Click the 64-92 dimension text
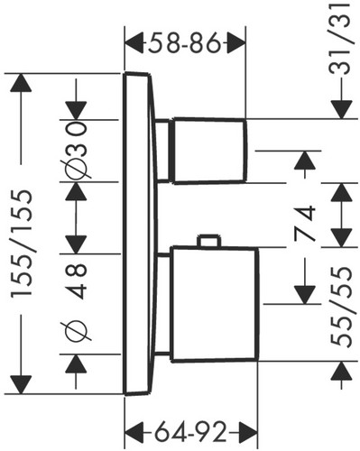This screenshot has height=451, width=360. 190,433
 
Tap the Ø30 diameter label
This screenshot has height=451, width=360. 76,151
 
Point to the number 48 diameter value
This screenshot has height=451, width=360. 77,281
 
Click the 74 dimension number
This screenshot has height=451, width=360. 304,224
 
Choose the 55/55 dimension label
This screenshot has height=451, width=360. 341,308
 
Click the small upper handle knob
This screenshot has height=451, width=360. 208,151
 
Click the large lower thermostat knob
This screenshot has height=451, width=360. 214,304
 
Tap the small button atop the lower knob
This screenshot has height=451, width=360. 208,241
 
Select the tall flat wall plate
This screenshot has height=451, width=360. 141,234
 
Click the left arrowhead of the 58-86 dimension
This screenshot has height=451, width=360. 134,44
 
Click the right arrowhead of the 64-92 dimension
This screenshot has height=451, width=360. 248,433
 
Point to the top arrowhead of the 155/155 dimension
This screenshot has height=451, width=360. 21,83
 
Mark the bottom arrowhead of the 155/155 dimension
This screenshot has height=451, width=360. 21,384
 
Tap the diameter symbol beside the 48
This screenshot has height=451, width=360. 76,332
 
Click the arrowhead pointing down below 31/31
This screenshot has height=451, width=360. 342,110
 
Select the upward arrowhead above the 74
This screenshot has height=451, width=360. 305,160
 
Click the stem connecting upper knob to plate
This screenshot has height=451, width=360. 162,151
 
